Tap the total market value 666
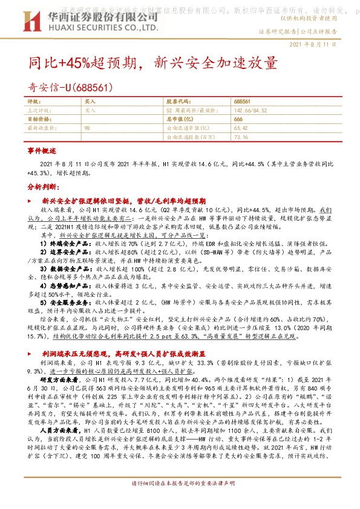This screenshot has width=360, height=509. click(x=238, y=120)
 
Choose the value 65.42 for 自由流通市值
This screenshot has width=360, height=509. click(x=240, y=128)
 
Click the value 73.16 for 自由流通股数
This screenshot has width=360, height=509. click(x=240, y=137)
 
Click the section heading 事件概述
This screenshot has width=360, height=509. click(x=42, y=149)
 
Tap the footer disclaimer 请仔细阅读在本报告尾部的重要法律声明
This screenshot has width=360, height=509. click(x=183, y=501)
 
